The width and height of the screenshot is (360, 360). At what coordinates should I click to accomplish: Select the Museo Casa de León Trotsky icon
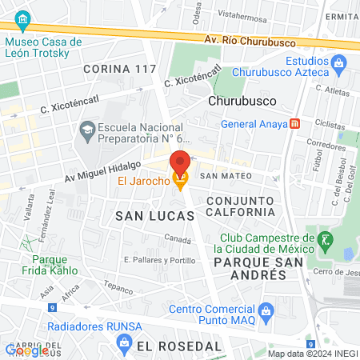22,18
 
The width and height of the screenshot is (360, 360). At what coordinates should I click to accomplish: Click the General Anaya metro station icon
295,123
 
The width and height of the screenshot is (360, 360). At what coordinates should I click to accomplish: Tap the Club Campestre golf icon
326,238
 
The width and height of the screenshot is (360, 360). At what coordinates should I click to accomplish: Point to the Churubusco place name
242,102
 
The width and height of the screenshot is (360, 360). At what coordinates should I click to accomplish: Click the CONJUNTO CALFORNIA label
240,206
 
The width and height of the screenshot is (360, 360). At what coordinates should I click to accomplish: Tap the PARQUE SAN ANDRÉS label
250,268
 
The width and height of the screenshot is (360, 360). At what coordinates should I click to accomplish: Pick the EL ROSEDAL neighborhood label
178,346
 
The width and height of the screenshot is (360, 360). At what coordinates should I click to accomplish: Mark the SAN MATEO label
226,175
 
